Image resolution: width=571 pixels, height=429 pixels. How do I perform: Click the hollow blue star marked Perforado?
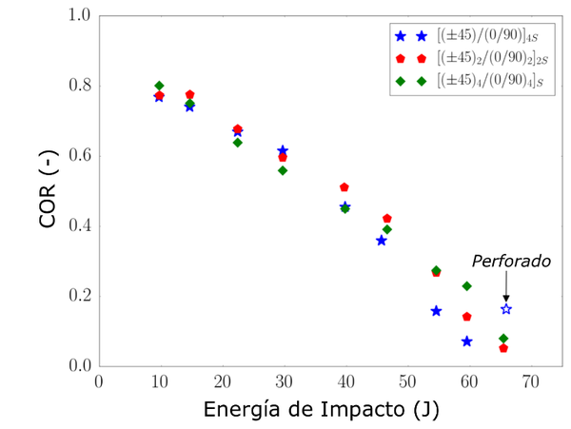[x=506, y=309]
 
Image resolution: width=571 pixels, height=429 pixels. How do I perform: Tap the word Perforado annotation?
[x=511, y=260]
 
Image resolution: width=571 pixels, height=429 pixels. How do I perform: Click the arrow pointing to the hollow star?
[x=506, y=286]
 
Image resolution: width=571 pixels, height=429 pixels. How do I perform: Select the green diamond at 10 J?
[x=160, y=86]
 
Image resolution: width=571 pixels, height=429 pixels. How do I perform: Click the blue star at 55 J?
[x=436, y=311]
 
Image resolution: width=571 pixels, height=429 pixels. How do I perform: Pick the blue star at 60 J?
[x=467, y=341]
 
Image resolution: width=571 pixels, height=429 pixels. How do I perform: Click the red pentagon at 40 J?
[x=345, y=187]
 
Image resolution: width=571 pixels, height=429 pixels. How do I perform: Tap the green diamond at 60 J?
[x=467, y=286]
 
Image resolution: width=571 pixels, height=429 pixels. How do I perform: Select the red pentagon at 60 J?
[x=467, y=317]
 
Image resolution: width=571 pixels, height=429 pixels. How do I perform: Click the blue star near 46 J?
[x=382, y=241]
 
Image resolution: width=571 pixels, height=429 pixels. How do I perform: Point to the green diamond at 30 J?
[x=283, y=170]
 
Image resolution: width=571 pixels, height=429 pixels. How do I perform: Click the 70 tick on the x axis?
[x=529, y=380]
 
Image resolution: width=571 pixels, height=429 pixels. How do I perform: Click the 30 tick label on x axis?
[x=283, y=380]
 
